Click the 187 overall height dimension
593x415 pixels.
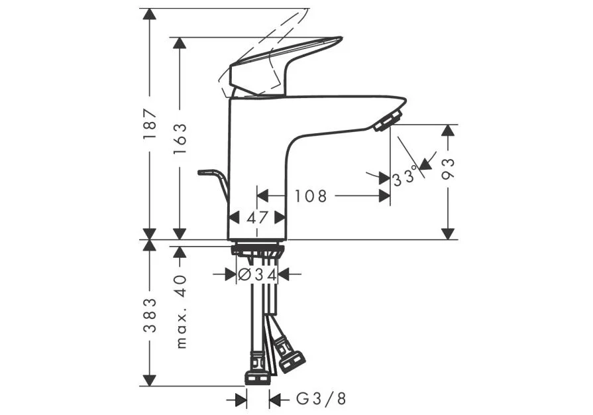pyautogui.click(x=150, y=124)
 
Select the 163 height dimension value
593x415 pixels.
pyautogui.click(x=180, y=139)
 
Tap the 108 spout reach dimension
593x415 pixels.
pyautogui.click(x=311, y=196)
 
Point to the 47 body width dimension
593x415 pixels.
pyautogui.click(x=257, y=217)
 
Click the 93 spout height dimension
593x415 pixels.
pyautogui.click(x=448, y=169)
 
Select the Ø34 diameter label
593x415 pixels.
pyautogui.click(x=257, y=274)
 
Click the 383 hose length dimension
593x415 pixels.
pyautogui.click(x=150, y=315)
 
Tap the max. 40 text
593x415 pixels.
pyautogui.click(x=181, y=312)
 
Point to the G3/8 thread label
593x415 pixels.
pyautogui.click(x=321, y=398)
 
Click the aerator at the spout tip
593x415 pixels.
pyautogui.click(x=387, y=120)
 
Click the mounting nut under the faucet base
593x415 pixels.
pyautogui.click(x=257, y=250)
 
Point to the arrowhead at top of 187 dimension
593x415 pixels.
pyautogui.click(x=150, y=14)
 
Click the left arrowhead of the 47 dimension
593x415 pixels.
pyautogui.click(x=235, y=217)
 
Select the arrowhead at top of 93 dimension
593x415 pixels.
pyautogui.click(x=448, y=131)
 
